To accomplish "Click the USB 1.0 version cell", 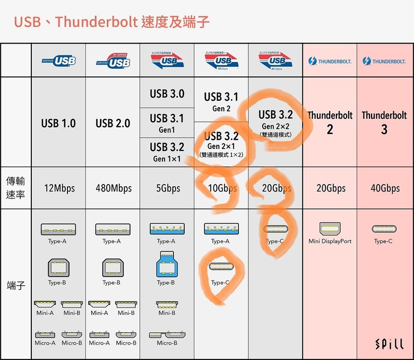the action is (58, 123).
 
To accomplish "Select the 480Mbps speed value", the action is (114, 188).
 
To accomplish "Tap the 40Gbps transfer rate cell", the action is (385, 188).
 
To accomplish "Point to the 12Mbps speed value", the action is (59, 188).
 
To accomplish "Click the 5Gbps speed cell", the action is (168, 188).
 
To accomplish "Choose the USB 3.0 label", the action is (167, 94).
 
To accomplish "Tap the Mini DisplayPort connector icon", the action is (330, 229).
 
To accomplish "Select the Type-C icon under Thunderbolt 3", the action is (384, 229).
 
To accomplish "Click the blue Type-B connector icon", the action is (167, 264).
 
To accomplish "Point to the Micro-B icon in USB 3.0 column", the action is (167, 335).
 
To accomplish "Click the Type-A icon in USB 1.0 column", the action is (58, 229).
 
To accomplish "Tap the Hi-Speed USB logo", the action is (114, 61).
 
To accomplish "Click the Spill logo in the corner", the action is (390, 344).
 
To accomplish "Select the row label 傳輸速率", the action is (15, 188).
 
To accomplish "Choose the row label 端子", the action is (16, 285).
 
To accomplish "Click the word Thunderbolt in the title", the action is (97, 22).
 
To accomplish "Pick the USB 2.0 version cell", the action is (113, 123).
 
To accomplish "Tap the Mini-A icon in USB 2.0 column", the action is (99, 304).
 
